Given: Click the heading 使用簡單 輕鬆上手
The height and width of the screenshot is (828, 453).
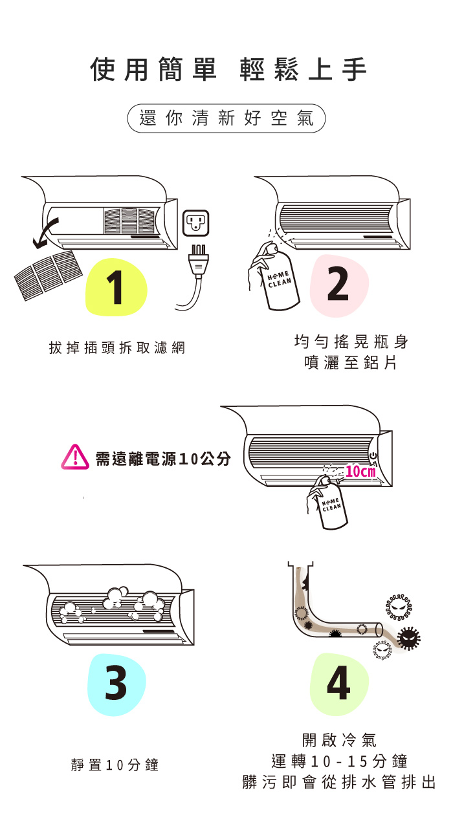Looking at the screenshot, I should [228, 70].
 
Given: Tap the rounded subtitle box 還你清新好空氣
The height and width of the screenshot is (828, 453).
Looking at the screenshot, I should [226, 118].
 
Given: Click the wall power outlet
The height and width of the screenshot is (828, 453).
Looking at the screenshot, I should [197, 223].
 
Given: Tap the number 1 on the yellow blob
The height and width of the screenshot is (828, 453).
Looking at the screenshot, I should [116, 289].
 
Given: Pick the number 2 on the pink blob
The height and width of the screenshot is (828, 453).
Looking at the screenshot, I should [338, 284].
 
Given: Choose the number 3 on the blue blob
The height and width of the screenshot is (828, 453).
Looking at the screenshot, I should [116, 684].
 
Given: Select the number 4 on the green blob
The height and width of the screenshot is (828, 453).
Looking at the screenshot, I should [338, 684].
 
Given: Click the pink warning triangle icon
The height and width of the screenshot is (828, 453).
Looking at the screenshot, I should [75, 458].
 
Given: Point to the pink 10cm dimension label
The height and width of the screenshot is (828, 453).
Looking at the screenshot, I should [360, 472].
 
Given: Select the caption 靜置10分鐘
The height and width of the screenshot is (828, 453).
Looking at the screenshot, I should [115, 765].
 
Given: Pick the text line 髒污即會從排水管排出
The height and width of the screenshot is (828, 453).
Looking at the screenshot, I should [338, 782].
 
